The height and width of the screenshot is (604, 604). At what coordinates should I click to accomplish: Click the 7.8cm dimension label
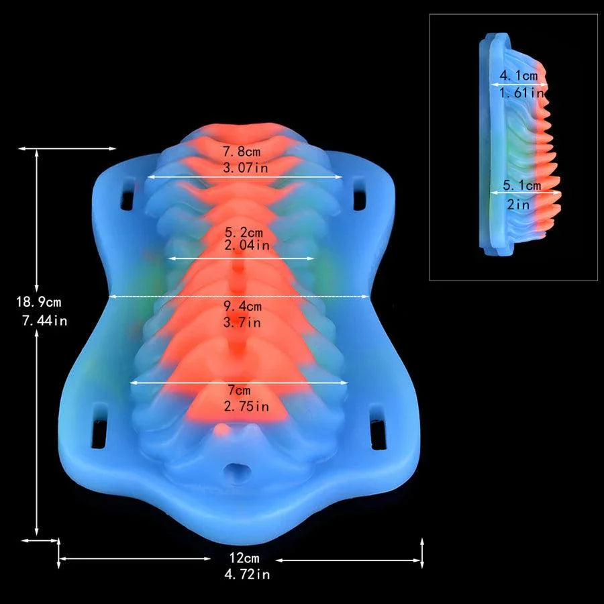click(x=242, y=152)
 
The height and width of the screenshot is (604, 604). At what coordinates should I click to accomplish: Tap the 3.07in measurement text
click(x=246, y=168)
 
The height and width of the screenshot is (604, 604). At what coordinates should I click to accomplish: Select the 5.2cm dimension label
click(x=244, y=232)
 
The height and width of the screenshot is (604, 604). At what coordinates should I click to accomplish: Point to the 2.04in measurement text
click(x=247, y=245)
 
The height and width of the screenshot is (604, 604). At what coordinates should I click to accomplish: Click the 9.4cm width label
click(x=243, y=306)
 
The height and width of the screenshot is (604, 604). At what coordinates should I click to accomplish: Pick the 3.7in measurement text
click(x=242, y=322)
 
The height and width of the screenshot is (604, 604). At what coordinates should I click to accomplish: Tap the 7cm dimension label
click(x=239, y=390)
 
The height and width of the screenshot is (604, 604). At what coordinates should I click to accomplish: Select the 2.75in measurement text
click(x=246, y=407)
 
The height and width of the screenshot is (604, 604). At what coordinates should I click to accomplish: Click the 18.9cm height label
click(x=38, y=301)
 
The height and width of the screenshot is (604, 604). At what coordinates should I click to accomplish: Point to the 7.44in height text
click(x=45, y=321)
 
